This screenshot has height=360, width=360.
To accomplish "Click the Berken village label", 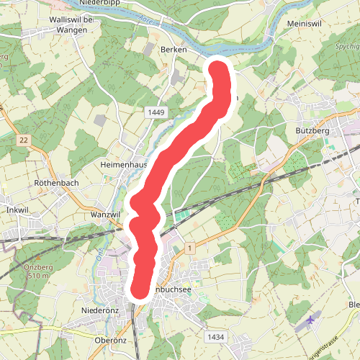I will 174,50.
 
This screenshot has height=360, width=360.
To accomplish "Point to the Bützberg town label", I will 312,132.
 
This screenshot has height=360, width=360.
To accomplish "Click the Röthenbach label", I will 56,184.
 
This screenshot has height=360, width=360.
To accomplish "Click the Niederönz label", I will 100,311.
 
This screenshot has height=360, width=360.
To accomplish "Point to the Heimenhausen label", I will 124,165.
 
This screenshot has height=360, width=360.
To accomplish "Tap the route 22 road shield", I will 24,140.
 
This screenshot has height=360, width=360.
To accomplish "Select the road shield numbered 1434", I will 214,337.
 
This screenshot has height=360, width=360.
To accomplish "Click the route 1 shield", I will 189,248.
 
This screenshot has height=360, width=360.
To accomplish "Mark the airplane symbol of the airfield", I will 310,319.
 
